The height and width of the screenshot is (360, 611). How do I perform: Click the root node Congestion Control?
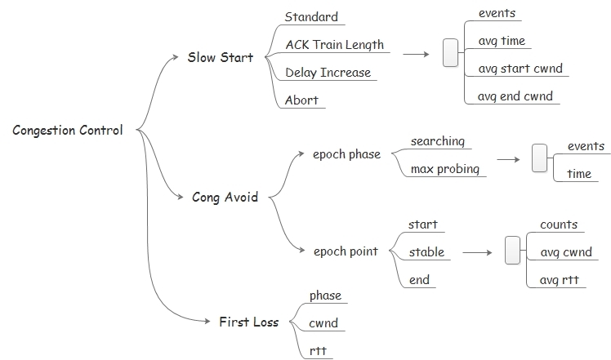click(68, 130)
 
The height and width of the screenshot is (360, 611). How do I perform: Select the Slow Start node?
click(220, 57)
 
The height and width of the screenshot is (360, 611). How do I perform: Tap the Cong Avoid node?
click(225, 197)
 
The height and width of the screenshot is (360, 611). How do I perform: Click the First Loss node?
click(248, 322)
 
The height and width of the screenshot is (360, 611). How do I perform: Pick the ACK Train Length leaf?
click(334, 45)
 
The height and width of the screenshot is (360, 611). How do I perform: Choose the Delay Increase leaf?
click(328, 73)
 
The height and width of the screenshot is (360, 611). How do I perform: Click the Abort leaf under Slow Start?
click(301, 100)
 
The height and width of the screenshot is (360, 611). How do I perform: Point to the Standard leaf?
click(310, 16)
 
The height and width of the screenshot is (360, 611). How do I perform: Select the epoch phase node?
click(346, 154)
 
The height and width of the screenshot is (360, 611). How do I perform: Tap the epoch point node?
click(346, 251)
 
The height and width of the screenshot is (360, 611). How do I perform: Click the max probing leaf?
click(444, 169)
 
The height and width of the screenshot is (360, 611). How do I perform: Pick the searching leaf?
click(437, 141)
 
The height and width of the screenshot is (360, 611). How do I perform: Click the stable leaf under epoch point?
click(426, 251)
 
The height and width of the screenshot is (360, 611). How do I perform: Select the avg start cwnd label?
click(520, 69)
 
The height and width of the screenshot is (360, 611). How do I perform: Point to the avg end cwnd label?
click(515, 96)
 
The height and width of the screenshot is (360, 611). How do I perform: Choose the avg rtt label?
click(560, 280)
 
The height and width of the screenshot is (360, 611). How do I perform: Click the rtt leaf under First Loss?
click(319, 351)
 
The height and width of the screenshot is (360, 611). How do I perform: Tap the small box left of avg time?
click(450, 53)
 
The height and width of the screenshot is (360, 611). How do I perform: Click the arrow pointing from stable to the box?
click(480, 252)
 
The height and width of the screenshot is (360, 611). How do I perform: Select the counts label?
click(559, 224)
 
